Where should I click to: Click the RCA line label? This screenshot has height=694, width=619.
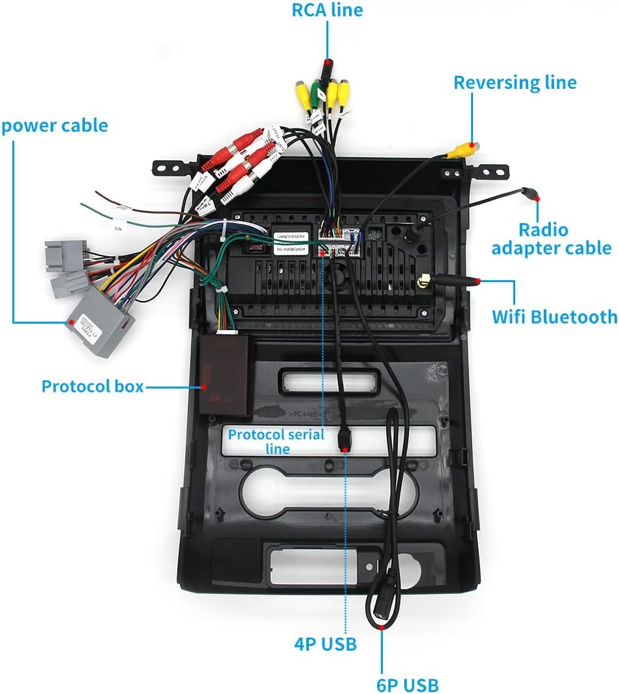(326, 10)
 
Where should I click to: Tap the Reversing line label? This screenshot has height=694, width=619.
(515, 82)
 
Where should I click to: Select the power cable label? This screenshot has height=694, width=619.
(55, 125)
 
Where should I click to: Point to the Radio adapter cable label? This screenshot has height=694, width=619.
(551, 239)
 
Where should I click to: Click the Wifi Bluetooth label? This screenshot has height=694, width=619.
(554, 317)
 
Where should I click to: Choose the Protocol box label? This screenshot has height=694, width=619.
(92, 387)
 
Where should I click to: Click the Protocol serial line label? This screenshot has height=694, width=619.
(276, 440)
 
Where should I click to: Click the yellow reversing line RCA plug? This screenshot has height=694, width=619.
(465, 149)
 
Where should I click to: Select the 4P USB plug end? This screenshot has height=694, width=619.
(345, 440)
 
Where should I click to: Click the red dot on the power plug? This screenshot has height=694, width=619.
(70, 321)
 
